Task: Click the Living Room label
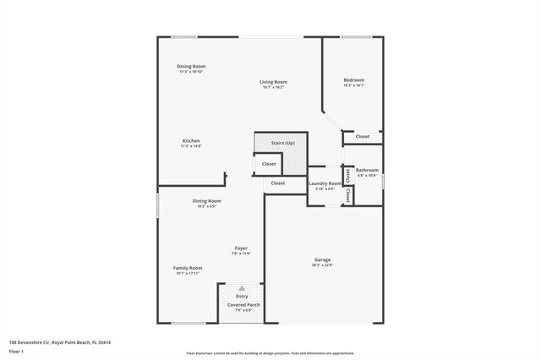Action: (272, 81)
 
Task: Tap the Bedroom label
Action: (353, 80)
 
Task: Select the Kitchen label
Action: (191, 140)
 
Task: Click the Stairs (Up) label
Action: (281, 143)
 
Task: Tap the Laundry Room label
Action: (325, 183)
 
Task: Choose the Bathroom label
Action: (367, 170)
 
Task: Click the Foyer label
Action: (241, 248)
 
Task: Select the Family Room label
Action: (188, 267)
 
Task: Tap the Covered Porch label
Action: (242, 304)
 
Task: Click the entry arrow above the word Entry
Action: (242, 288)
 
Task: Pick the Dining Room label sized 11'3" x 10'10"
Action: (191, 66)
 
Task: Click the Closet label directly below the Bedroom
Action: (362, 136)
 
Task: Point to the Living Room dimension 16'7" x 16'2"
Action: (272, 87)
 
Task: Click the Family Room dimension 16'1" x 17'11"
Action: (188, 273)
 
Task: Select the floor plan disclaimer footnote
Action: (270, 353)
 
